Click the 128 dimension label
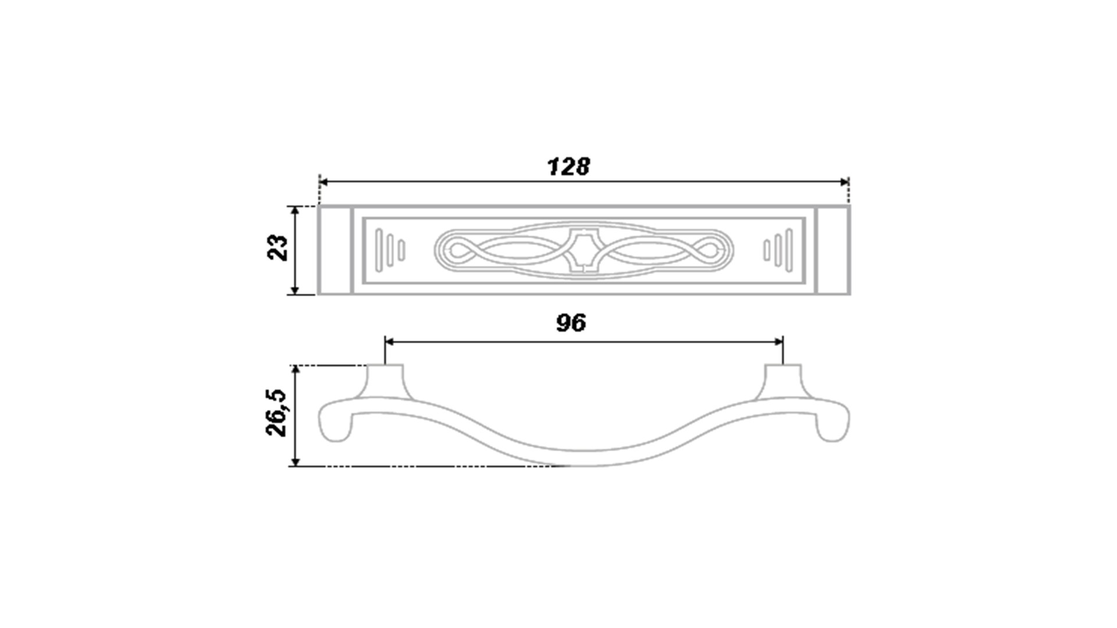[568, 167]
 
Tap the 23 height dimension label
[278, 248]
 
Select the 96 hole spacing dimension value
[571, 323]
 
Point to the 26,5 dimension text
[277, 413]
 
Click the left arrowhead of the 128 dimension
[324, 182]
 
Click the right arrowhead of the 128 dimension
[844, 182]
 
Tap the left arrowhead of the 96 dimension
[390, 342]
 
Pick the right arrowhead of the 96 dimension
[778, 342]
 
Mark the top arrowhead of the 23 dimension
[295, 211]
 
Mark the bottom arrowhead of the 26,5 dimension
[295, 461]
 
